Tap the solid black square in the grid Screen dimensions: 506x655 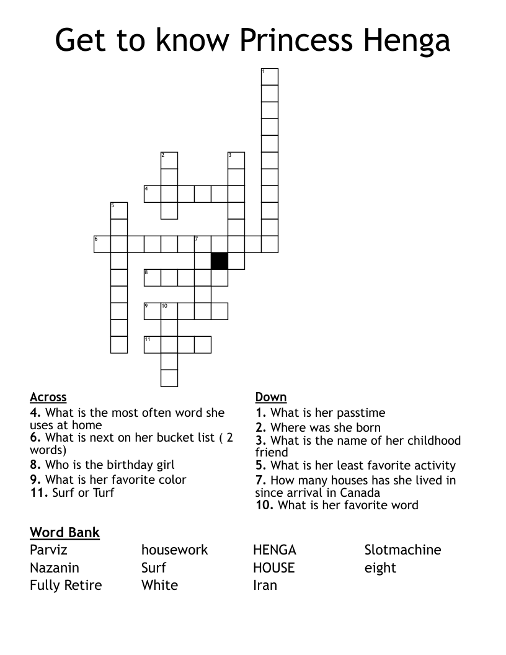(x=220, y=261)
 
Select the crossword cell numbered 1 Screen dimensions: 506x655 (x=270, y=77)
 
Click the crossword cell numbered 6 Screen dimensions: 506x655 (x=102, y=244)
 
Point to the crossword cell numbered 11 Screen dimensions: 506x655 (x=153, y=344)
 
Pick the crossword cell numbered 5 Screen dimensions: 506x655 (x=119, y=210)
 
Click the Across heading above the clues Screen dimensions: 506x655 (x=48, y=398)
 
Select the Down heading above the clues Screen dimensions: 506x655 (x=271, y=398)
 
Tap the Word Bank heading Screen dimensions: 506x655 (x=64, y=532)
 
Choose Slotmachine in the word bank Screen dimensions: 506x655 (x=402, y=550)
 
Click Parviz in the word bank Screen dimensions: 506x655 (x=48, y=550)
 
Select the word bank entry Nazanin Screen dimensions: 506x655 (x=55, y=568)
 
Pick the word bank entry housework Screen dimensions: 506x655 (x=175, y=550)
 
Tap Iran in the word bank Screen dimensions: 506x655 (x=265, y=585)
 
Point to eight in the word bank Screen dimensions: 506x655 (x=380, y=568)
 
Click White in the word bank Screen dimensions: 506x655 (x=159, y=585)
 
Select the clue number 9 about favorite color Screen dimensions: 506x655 (x=35, y=479)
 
